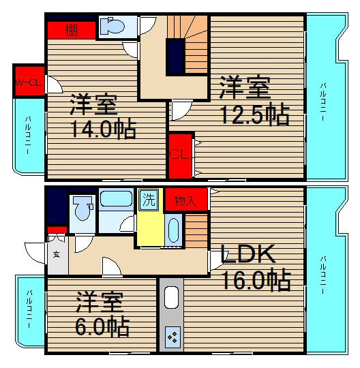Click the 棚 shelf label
click(72, 30)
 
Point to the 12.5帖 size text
click(255, 114)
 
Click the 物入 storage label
click(185, 201)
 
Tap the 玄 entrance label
click(57, 254)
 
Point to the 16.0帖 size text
click(256, 280)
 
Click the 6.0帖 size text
click(102, 326)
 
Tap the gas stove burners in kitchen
click(172, 337)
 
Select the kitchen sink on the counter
click(171, 298)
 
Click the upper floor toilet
click(112, 26)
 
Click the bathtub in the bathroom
click(116, 199)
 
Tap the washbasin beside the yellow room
click(174, 230)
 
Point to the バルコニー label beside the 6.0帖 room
click(29, 309)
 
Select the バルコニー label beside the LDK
click(324, 275)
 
